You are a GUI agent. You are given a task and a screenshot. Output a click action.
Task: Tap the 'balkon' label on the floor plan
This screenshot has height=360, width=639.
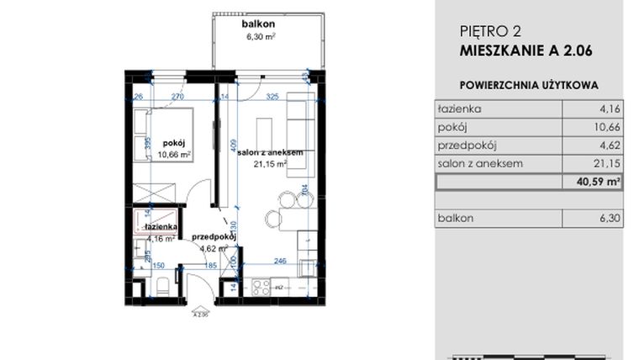[x=261, y=25]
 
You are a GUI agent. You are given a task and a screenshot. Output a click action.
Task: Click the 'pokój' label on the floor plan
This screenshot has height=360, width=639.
[x=174, y=144]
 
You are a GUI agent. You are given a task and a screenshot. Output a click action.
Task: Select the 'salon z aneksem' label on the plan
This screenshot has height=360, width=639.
[x=270, y=152]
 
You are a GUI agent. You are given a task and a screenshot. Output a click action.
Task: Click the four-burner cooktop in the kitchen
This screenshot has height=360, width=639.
[x=261, y=287]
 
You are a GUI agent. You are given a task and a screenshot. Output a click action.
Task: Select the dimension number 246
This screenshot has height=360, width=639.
[x=280, y=261]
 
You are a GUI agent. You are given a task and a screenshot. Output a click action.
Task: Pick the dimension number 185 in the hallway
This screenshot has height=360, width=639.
[x=211, y=267]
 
